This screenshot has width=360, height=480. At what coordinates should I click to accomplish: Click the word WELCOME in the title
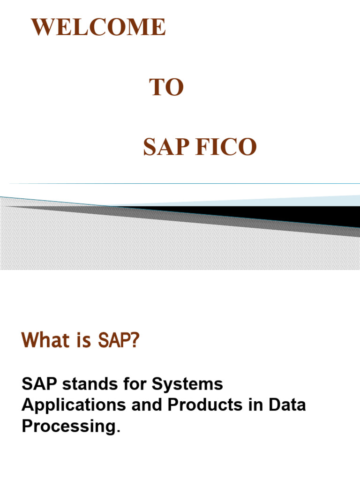[98, 27]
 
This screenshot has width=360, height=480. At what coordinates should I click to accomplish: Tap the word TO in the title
[166, 88]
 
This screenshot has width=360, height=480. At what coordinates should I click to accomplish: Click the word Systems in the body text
[187, 385]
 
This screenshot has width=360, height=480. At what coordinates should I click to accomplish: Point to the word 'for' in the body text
[134, 384]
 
